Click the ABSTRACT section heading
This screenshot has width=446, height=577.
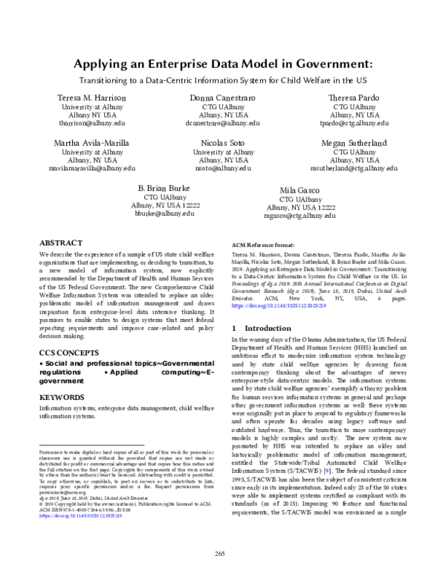pyautogui.click(x=60, y=242)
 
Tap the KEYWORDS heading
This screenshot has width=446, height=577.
pyautogui.click(x=62, y=396)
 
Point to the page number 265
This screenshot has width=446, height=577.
pyautogui.click(x=223, y=552)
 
